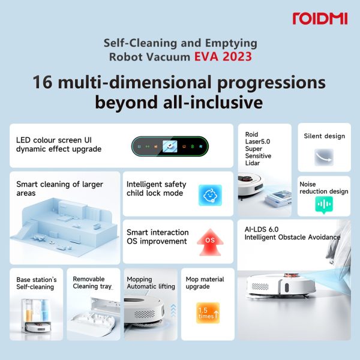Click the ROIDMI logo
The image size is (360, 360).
pyautogui.click(x=320, y=19)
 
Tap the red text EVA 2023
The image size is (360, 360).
pyautogui.click(x=223, y=57)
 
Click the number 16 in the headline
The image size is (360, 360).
pyautogui.click(x=43, y=82)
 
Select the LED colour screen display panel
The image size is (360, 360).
pyautogui.click(x=170, y=146)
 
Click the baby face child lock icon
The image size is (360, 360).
pyautogui.click(x=210, y=195)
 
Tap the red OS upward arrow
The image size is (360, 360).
pyautogui.click(x=210, y=242)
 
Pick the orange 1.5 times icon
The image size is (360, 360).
pyautogui.click(x=208, y=313)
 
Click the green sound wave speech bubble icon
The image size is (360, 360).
pyautogui.click(x=324, y=205)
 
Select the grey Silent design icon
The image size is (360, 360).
pyautogui.click(x=324, y=157)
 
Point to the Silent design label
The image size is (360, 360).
pyautogui.click(x=324, y=136)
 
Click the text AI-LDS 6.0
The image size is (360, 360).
pyautogui.click(x=261, y=229)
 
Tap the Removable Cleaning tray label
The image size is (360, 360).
pyautogui.click(x=92, y=283)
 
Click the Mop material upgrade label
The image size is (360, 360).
pyautogui.click(x=205, y=283)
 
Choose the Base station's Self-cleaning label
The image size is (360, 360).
pyautogui.click(x=36, y=283)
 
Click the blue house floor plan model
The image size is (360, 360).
pyautogui.click(x=64, y=224)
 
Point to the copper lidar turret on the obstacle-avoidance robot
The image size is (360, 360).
pyautogui.click(x=292, y=275)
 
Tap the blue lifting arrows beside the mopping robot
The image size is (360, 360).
pyautogui.click(x=173, y=310)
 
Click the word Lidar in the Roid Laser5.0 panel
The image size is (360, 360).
pyautogui.click(x=253, y=163)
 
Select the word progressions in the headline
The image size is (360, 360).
pyautogui.click(x=271, y=83)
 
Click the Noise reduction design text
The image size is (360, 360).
pyautogui.click(x=324, y=188)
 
